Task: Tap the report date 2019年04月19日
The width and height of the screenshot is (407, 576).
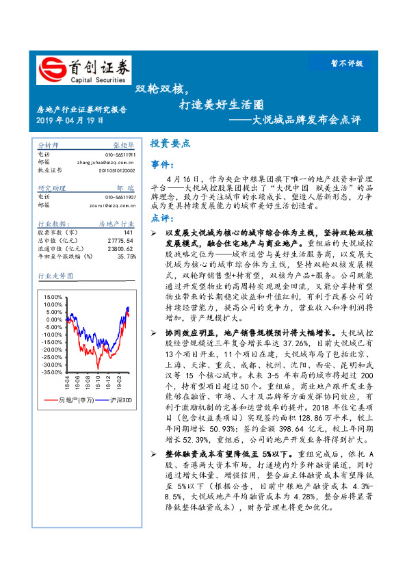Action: pyautogui.click(x=70, y=120)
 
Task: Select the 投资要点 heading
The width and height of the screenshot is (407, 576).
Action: pyautogui.click(x=170, y=144)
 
